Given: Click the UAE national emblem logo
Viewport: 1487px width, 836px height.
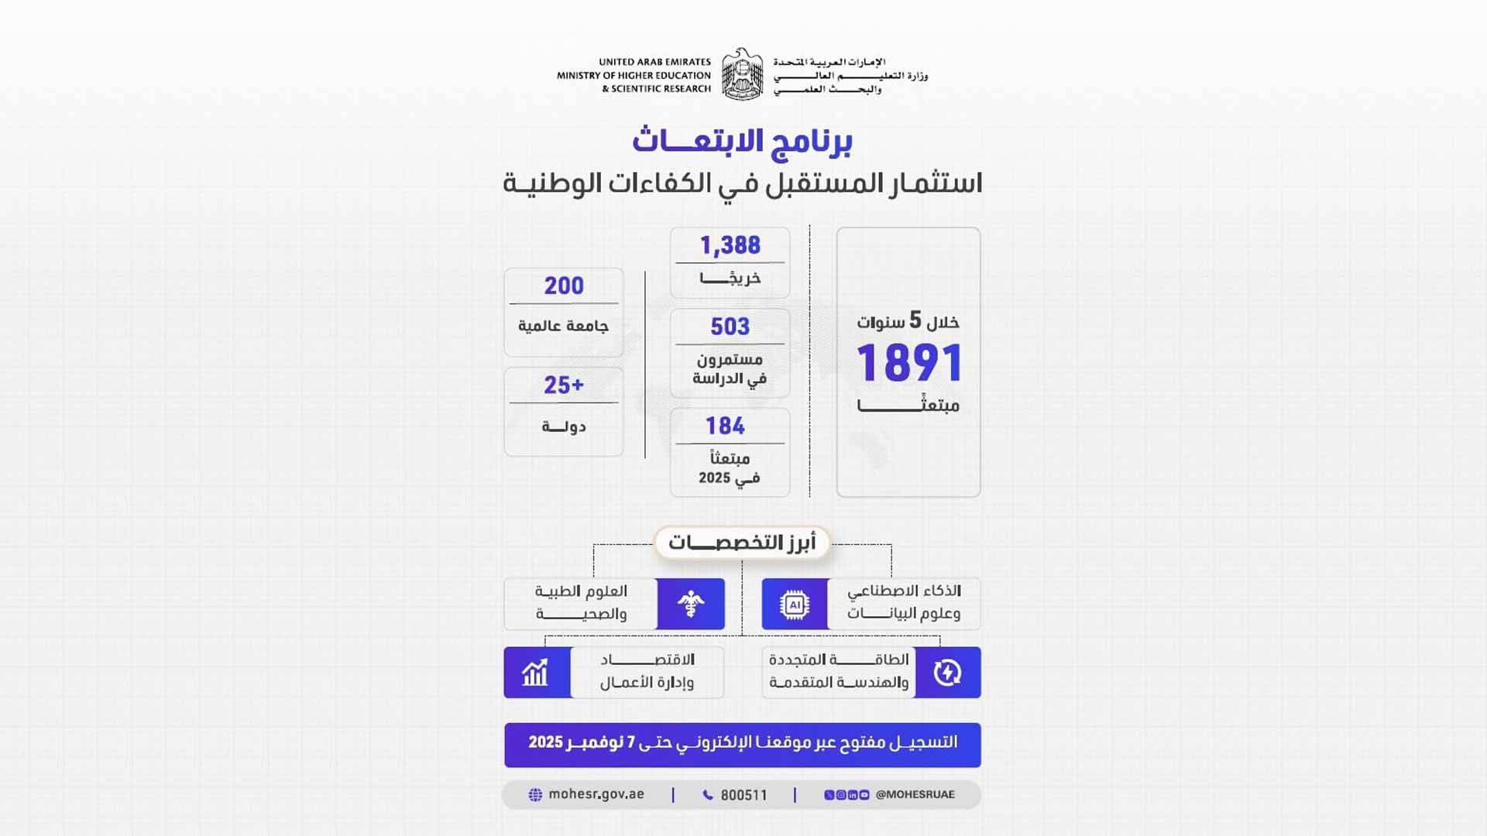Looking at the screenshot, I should [742, 74].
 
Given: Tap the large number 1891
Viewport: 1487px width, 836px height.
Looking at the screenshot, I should [909, 363].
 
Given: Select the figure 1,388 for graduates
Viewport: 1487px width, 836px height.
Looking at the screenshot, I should [730, 245].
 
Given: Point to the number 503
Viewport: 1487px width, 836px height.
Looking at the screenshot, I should [730, 327].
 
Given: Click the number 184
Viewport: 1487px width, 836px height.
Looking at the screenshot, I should [725, 426].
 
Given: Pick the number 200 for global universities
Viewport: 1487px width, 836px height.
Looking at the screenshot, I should [564, 286].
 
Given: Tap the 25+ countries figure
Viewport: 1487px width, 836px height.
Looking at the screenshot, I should [564, 385].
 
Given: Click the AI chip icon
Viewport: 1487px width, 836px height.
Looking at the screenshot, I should [795, 604].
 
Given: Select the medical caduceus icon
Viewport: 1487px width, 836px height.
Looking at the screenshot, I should [690, 604].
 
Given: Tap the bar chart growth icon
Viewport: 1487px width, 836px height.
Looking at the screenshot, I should [536, 673].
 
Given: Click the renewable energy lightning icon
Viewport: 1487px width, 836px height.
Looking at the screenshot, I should [947, 673].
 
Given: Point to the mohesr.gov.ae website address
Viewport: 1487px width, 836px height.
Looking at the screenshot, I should [596, 794].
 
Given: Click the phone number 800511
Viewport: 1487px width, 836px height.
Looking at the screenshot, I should [743, 795].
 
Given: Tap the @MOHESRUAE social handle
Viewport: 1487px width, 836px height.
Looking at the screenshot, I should [915, 794].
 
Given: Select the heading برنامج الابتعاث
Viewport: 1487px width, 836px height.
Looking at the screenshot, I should [742, 141].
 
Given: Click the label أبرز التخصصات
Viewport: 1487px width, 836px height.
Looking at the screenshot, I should [742, 543].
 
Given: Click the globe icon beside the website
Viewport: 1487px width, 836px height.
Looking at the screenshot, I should [535, 795].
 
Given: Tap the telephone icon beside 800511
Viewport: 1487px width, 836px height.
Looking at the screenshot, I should [708, 795].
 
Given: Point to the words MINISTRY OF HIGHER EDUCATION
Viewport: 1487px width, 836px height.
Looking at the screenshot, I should [634, 75].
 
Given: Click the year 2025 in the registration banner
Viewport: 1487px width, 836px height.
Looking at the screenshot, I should [546, 742].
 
